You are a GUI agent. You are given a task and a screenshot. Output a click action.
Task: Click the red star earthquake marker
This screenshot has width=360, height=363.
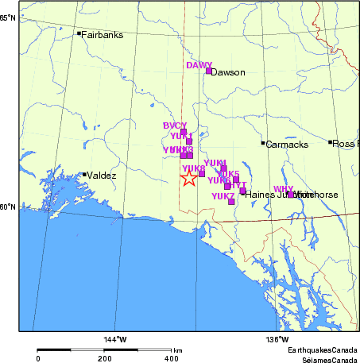pos(188,178)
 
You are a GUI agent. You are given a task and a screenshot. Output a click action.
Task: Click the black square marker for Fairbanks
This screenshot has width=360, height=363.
pos(79,33)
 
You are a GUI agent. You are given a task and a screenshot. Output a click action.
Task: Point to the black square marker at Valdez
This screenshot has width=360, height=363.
pos(84,175)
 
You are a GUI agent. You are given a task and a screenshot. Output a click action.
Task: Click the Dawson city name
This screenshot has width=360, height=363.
pos(229,72)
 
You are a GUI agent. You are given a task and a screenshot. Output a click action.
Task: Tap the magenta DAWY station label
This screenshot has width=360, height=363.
pos(199,65)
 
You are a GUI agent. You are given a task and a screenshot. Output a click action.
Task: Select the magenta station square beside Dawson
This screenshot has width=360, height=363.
pos(209,71)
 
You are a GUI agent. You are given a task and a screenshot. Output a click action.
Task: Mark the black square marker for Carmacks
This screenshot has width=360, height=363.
pos(263,143)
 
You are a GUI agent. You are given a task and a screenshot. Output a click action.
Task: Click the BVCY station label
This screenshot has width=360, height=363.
pos(174,126)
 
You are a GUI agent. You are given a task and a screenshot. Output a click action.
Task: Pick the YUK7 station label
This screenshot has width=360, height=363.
pos(223,195)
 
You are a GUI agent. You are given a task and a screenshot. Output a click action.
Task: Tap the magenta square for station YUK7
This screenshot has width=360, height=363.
pos(231,202)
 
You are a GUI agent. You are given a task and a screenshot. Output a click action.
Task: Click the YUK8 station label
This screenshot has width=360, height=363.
pos(193,168)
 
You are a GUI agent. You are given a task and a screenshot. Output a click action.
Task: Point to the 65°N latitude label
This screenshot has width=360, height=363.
pos(9,17)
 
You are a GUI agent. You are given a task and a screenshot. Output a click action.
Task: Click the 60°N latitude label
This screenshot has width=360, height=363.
pos(9,207)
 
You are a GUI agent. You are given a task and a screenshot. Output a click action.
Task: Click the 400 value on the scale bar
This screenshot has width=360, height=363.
pos(172,358)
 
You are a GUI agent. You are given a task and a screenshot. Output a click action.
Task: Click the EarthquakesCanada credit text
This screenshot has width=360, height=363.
pos(322,350)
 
